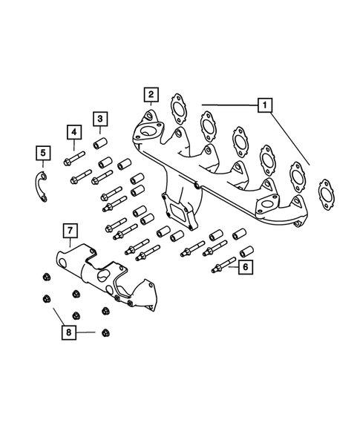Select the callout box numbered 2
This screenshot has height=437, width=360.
point(151,94)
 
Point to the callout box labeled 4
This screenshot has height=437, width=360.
point(73,134)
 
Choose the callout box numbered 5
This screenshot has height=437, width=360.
point(43,154)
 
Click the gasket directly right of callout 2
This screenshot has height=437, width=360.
point(177,108)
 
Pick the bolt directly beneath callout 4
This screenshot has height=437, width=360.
point(74,158)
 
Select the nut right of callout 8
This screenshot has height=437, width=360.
point(105,332)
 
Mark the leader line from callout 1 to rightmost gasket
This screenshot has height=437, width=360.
point(291,141)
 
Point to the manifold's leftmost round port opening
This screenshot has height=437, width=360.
point(145,134)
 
